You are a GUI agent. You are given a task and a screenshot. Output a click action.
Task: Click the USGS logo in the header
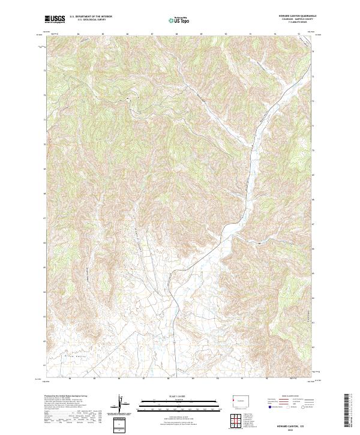[55, 19]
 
